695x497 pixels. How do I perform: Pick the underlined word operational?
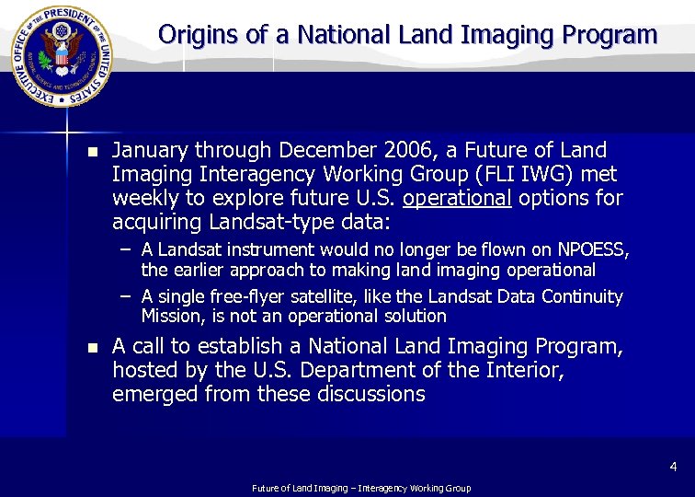[457, 198]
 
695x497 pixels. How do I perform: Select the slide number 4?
[673, 468]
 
